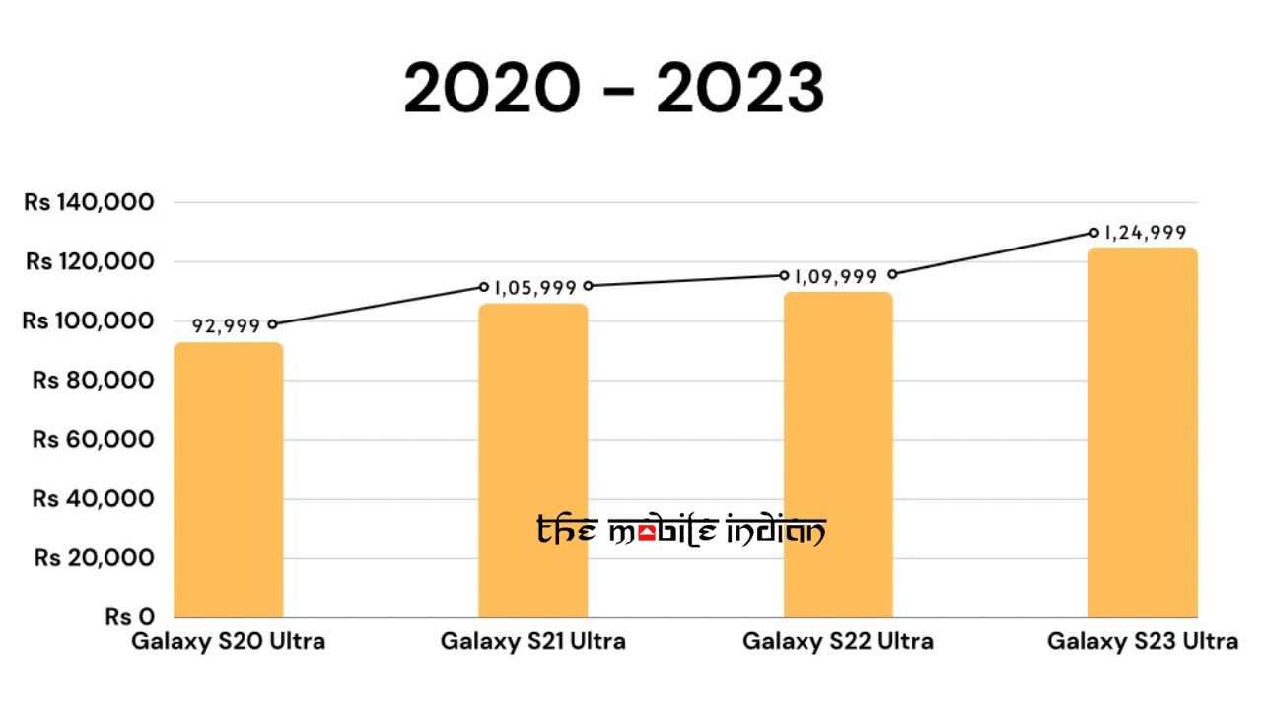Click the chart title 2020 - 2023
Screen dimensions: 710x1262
613,89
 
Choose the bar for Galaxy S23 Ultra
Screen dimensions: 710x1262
1143,433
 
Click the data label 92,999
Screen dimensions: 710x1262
226,326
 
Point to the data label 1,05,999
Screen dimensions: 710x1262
534,288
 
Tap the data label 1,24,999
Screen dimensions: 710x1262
1144,234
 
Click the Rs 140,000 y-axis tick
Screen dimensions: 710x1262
90,202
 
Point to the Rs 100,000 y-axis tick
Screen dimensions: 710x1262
90,320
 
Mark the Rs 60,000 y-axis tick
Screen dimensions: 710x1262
94,439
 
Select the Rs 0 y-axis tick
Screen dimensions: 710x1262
130,617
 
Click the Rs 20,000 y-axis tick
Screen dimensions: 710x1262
94,558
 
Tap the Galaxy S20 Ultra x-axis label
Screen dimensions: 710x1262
228,642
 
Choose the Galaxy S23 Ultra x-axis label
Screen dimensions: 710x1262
1143,642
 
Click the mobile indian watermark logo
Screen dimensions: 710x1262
681,532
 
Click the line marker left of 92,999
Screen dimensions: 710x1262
272,323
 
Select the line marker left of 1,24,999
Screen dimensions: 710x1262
1094,233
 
